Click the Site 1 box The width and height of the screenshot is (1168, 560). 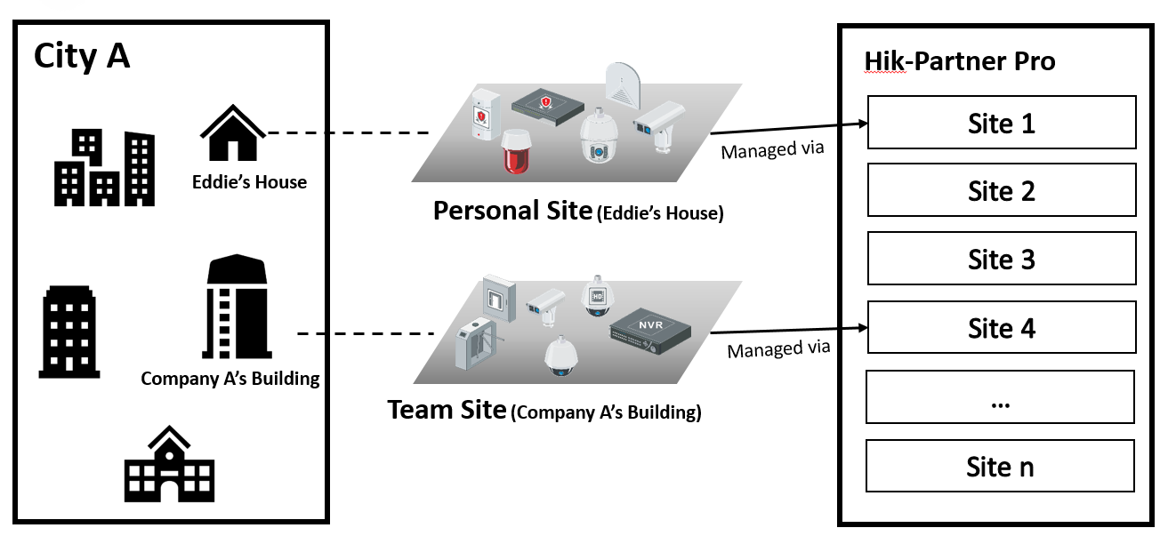point(1002,123)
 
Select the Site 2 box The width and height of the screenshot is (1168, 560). point(1002,190)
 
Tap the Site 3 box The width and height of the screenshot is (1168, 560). point(1002,259)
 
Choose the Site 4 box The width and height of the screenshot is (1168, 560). point(1002,327)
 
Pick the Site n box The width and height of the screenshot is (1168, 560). point(1000,466)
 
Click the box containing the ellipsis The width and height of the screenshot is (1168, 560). point(1000,397)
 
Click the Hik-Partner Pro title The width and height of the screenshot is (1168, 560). point(960,61)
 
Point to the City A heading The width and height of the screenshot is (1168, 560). point(82,56)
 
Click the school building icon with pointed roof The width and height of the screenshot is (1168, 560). point(170,464)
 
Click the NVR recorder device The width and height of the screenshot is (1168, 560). point(650,332)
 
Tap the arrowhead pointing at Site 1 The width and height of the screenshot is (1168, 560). point(864,124)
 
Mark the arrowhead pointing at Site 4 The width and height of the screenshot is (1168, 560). point(864,328)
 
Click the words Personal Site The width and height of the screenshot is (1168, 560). point(512,211)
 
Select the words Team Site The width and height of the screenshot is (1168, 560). point(447,410)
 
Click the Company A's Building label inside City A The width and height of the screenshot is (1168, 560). point(230,379)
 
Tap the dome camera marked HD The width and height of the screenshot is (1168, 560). point(597,295)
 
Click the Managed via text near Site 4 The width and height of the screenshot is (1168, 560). point(778,349)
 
